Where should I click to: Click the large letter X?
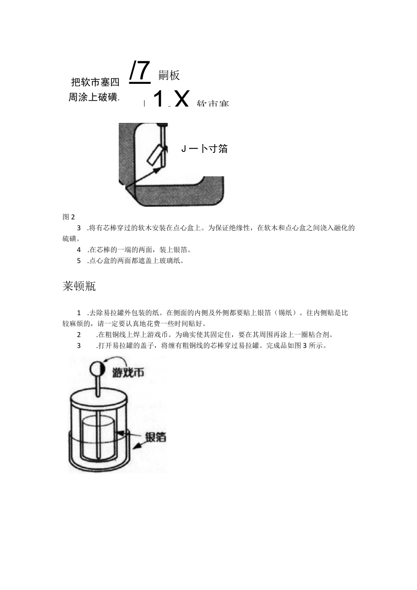(x=181, y=99)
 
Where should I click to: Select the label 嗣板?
(x=170, y=76)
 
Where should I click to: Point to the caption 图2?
(x=68, y=217)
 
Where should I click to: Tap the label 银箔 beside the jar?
(x=155, y=437)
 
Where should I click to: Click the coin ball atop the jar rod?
(x=98, y=369)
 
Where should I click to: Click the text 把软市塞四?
(x=95, y=82)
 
